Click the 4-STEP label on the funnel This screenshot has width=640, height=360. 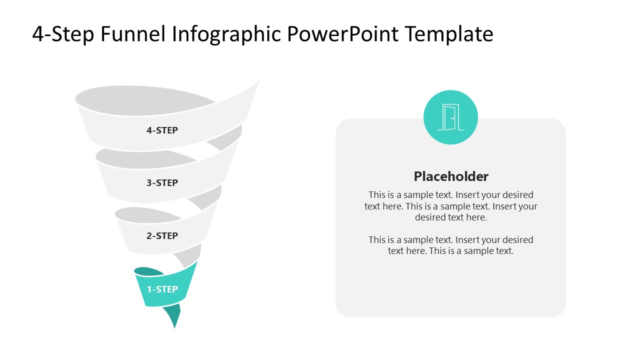click(162, 130)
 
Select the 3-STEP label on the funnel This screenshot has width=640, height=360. click(162, 183)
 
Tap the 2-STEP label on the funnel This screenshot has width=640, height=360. click(162, 235)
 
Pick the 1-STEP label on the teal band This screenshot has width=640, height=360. click(162, 289)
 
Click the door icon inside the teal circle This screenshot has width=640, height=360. click(450, 117)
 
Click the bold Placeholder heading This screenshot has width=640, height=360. click(450, 176)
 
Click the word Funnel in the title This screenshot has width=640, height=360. click(133, 34)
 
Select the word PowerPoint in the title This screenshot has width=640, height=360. click(343, 34)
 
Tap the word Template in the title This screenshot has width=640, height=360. click(449, 34)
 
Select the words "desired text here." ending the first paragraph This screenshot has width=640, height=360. click(450, 217)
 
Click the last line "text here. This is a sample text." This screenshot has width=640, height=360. click(450, 251)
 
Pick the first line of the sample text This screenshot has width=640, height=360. click(450, 195)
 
